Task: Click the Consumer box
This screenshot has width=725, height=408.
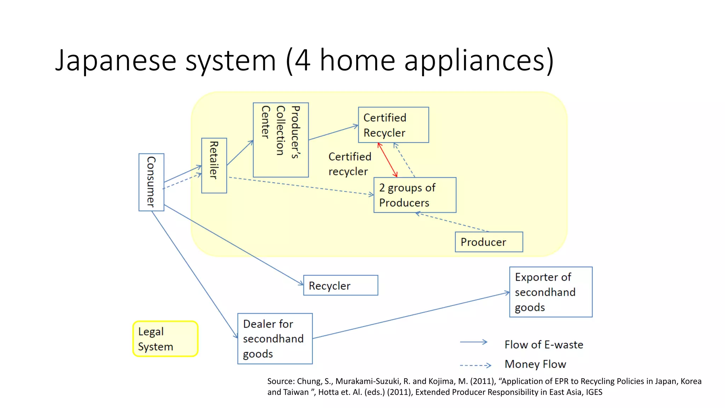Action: [151, 182]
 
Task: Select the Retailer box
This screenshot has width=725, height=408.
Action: [214, 165]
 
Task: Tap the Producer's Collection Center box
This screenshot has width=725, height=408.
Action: [281, 140]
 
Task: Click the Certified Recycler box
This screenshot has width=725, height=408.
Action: [393, 125]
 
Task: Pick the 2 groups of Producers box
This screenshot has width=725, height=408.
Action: [415, 195]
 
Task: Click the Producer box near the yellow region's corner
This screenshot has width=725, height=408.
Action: [489, 242]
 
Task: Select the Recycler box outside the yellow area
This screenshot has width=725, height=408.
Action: [341, 285]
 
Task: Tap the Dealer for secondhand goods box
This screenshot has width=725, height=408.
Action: [275, 339]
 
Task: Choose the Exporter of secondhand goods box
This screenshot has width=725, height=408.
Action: [551, 292]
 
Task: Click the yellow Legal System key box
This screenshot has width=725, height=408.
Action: [165, 339]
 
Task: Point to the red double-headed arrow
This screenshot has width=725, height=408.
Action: [387, 160]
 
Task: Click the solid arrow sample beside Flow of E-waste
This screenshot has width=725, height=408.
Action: [474, 342]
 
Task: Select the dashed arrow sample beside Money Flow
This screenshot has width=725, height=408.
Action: [475, 365]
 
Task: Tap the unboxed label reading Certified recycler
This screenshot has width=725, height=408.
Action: [349, 164]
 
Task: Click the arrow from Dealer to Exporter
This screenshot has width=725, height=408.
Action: [411, 316]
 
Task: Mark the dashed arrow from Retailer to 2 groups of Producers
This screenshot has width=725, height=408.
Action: [301, 186]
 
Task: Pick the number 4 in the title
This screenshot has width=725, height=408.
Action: [303, 60]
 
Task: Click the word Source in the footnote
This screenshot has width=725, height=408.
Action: [280, 381]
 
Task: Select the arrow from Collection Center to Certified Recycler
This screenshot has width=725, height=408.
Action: [333, 132]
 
